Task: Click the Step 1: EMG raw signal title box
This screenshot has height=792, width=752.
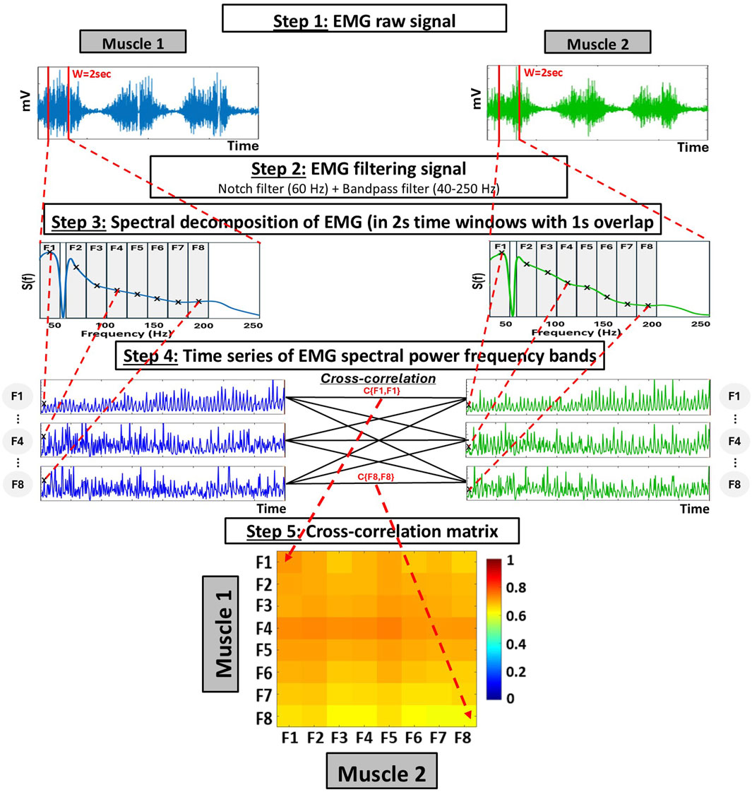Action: pos(364,19)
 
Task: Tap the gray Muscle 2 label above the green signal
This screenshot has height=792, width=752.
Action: pos(597,44)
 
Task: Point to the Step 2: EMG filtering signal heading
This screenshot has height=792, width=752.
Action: pos(359,170)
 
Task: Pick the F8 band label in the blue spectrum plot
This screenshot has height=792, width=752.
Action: pos(198,249)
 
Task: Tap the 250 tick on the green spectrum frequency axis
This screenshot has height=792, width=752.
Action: pos(700,324)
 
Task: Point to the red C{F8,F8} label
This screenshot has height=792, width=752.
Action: pos(375,478)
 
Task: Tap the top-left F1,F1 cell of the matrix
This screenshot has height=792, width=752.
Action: pos(287,562)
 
